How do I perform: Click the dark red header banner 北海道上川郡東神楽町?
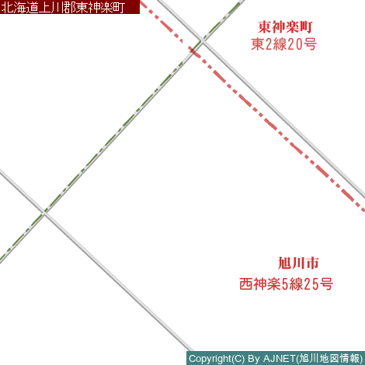tap(70, 7)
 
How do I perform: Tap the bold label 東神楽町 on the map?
tap(285, 27)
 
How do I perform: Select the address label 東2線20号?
tap(283, 44)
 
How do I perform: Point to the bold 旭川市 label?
tap(298, 263)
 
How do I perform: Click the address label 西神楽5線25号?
tap(286, 284)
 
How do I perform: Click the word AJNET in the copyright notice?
tap(280, 359)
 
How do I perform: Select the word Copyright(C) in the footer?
tap(217, 359)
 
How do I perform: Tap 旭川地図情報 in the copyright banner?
tap(329, 359)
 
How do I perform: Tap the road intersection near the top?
tap(202, 41)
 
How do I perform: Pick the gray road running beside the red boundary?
tap(261, 98)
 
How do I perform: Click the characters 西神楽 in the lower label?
tap(260, 284)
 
